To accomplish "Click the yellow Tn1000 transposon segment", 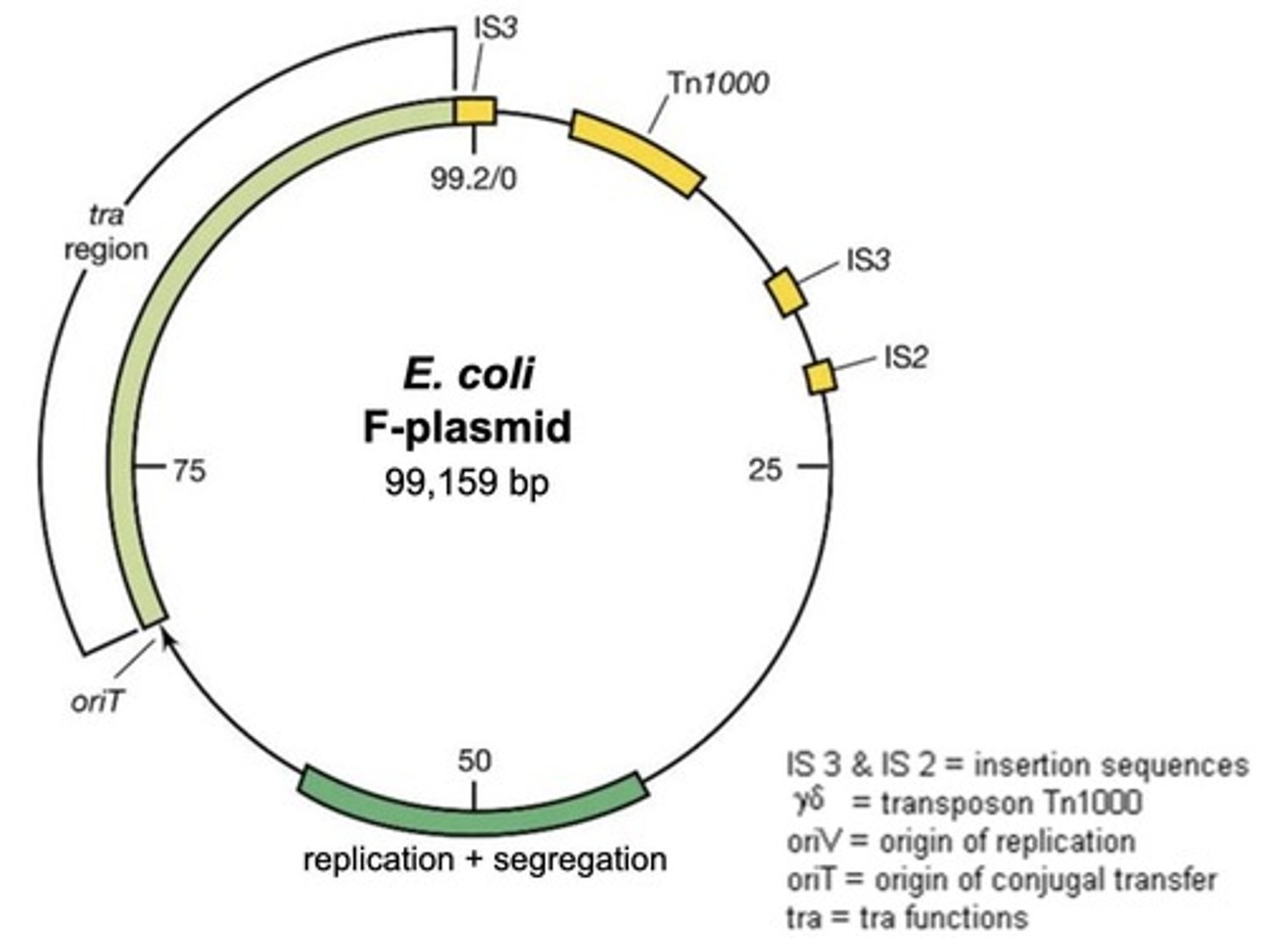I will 636,152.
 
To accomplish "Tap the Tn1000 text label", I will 719,83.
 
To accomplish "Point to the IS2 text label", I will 905,357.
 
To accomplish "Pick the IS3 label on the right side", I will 868,260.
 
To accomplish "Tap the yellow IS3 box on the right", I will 786,293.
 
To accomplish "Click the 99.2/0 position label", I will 473,178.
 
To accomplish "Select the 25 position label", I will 764,470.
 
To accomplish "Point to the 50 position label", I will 474,760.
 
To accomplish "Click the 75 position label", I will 188,471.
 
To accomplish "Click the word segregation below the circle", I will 580,859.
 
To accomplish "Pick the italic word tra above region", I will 106,215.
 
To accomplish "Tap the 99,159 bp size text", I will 466,482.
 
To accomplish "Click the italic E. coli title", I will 468,374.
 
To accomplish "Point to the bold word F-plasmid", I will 467,428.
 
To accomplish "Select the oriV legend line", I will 961,842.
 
